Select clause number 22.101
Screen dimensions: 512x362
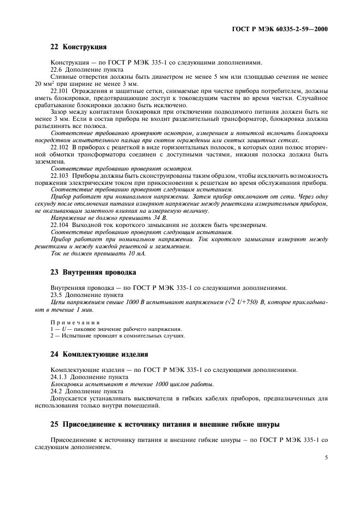click(60, 91)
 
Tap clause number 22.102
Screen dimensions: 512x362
click(60, 147)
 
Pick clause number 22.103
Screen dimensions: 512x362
click(60, 176)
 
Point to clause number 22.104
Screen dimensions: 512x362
click(60, 225)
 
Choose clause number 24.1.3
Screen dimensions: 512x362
click(59, 377)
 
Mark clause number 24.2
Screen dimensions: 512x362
click(57, 391)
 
